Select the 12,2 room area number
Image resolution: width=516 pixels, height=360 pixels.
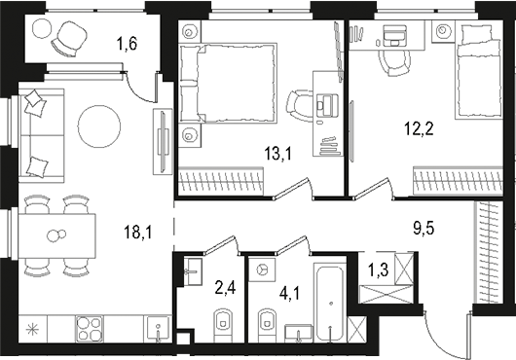point(419,126)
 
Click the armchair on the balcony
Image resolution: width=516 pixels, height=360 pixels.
point(69,40)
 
